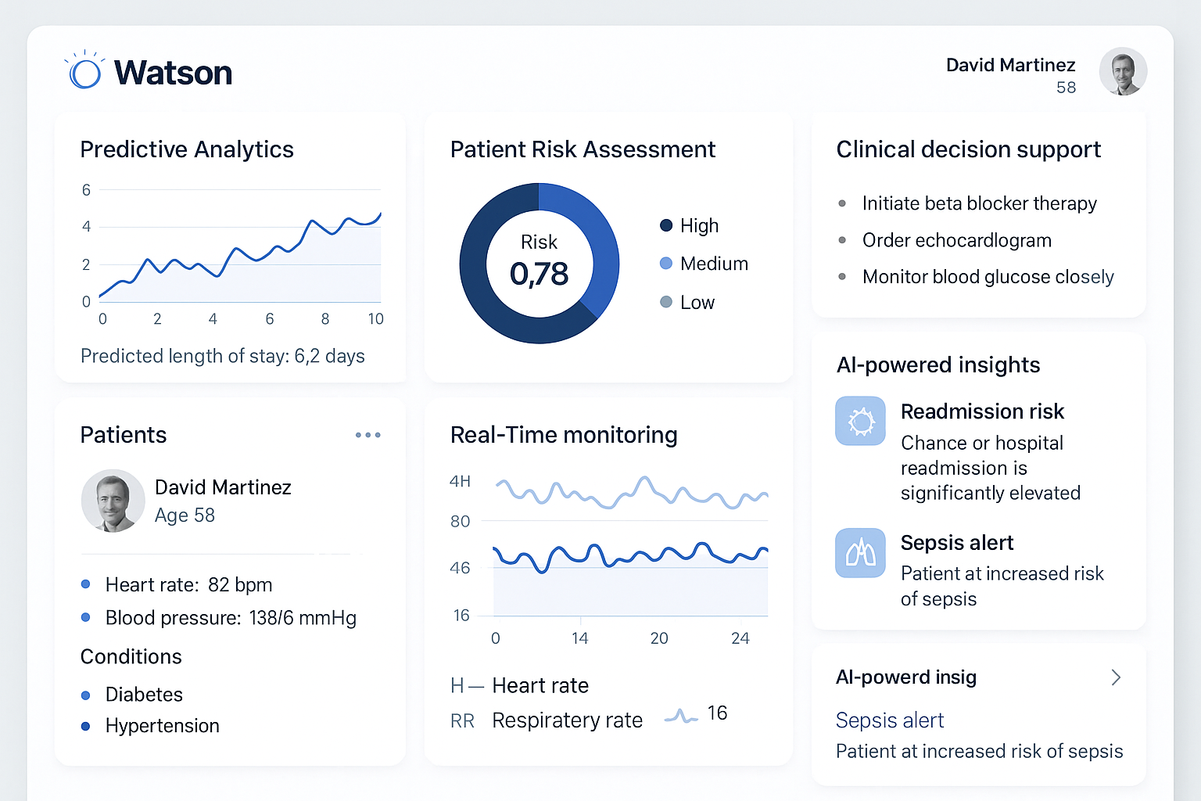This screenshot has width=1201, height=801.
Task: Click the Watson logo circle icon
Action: [85, 73]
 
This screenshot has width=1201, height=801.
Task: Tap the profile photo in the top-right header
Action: [1123, 71]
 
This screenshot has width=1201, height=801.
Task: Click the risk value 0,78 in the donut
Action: [539, 274]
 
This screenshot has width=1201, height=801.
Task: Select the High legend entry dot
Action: [666, 225]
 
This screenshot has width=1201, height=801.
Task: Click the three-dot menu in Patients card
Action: [367, 435]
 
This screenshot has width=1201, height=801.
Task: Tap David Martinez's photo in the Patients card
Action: [113, 501]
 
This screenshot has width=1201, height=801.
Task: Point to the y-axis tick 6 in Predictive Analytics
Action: [86, 190]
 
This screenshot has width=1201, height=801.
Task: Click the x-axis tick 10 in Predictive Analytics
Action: [376, 319]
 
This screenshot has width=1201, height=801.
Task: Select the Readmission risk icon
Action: [860, 421]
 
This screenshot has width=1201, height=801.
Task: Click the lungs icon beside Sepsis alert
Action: [860, 553]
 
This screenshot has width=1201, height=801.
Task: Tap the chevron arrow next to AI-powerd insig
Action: [1116, 677]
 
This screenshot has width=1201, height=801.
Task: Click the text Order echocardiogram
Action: [956, 240]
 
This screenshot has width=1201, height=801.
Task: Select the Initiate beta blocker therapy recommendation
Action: [979, 203]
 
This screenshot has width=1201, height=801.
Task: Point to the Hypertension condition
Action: [162, 726]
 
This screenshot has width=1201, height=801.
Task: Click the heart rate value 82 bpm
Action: [240, 585]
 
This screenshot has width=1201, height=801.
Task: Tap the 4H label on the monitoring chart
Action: [460, 481]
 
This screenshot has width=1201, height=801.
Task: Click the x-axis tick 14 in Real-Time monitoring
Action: [579, 638]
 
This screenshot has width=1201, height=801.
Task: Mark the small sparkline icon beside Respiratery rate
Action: [680, 716]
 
